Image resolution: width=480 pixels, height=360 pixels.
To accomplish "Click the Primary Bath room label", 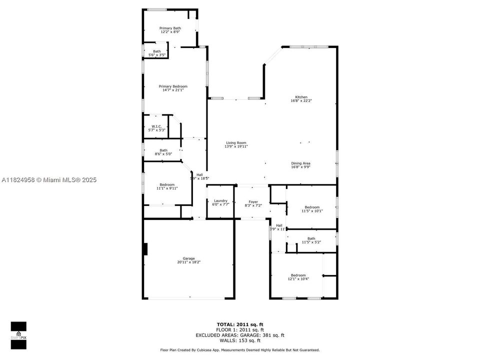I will coord(170,28).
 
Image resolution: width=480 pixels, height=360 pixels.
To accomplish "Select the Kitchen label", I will coord(301,97).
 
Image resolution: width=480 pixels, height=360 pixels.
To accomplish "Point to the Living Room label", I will coord(236,143).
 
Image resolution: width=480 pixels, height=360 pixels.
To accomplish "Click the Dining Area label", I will coord(301,163).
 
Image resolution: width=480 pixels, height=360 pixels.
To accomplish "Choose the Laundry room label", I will coord(220,200).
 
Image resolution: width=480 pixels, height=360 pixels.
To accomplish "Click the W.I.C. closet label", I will coord(155,126).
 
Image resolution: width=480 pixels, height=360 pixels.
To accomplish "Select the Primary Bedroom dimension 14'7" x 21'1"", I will coord(173,90).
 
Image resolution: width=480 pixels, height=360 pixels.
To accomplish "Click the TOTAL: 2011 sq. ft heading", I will coord(240,324).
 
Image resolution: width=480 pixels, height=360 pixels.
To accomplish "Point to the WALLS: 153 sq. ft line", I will coord(240,340).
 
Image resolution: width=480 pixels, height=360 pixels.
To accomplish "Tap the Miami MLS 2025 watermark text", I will coord(49,180).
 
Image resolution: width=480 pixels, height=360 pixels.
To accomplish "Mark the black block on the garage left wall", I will coord(145,248).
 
